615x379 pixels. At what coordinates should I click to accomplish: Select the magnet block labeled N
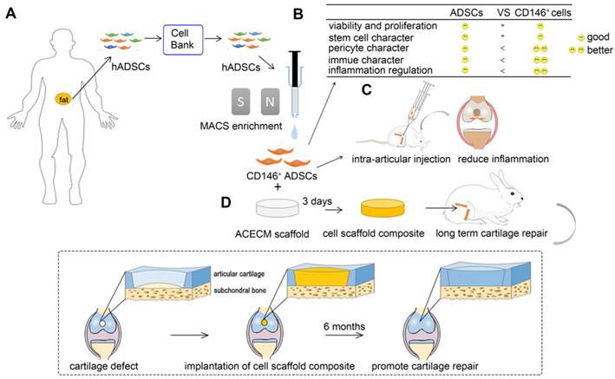[x=246, y=102]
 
